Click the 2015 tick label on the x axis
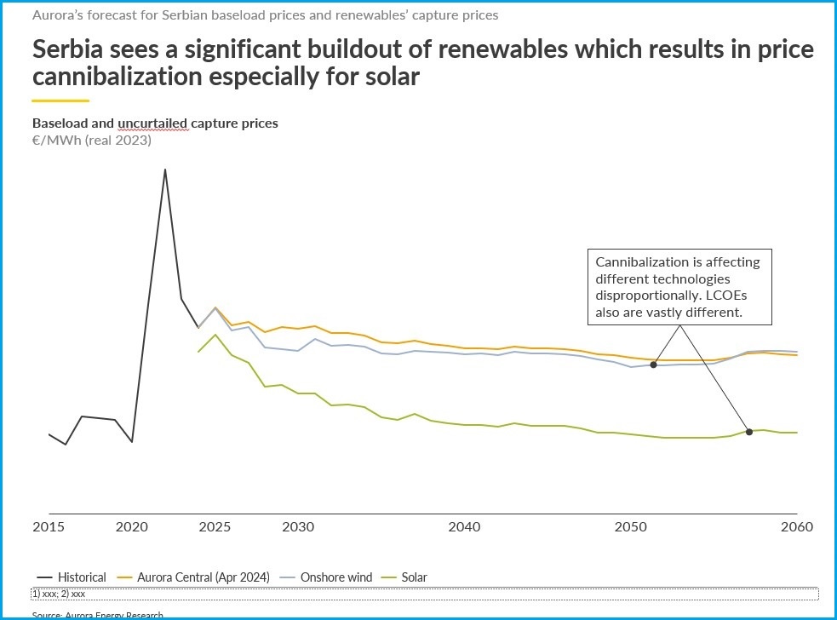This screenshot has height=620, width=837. [49, 527]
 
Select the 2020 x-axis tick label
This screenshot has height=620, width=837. [131, 527]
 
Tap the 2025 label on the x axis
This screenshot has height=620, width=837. [215, 527]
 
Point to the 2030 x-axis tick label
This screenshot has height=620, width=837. [298, 527]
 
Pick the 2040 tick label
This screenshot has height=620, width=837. [464, 527]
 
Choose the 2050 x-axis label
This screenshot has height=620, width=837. [631, 527]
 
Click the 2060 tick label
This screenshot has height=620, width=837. [796, 527]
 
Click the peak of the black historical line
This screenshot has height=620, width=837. [164, 169]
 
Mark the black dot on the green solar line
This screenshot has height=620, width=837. [749, 432]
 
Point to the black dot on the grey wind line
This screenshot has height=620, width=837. [653, 365]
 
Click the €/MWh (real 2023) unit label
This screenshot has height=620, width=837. [91, 141]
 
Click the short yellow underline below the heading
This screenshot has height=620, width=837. [60, 101]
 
